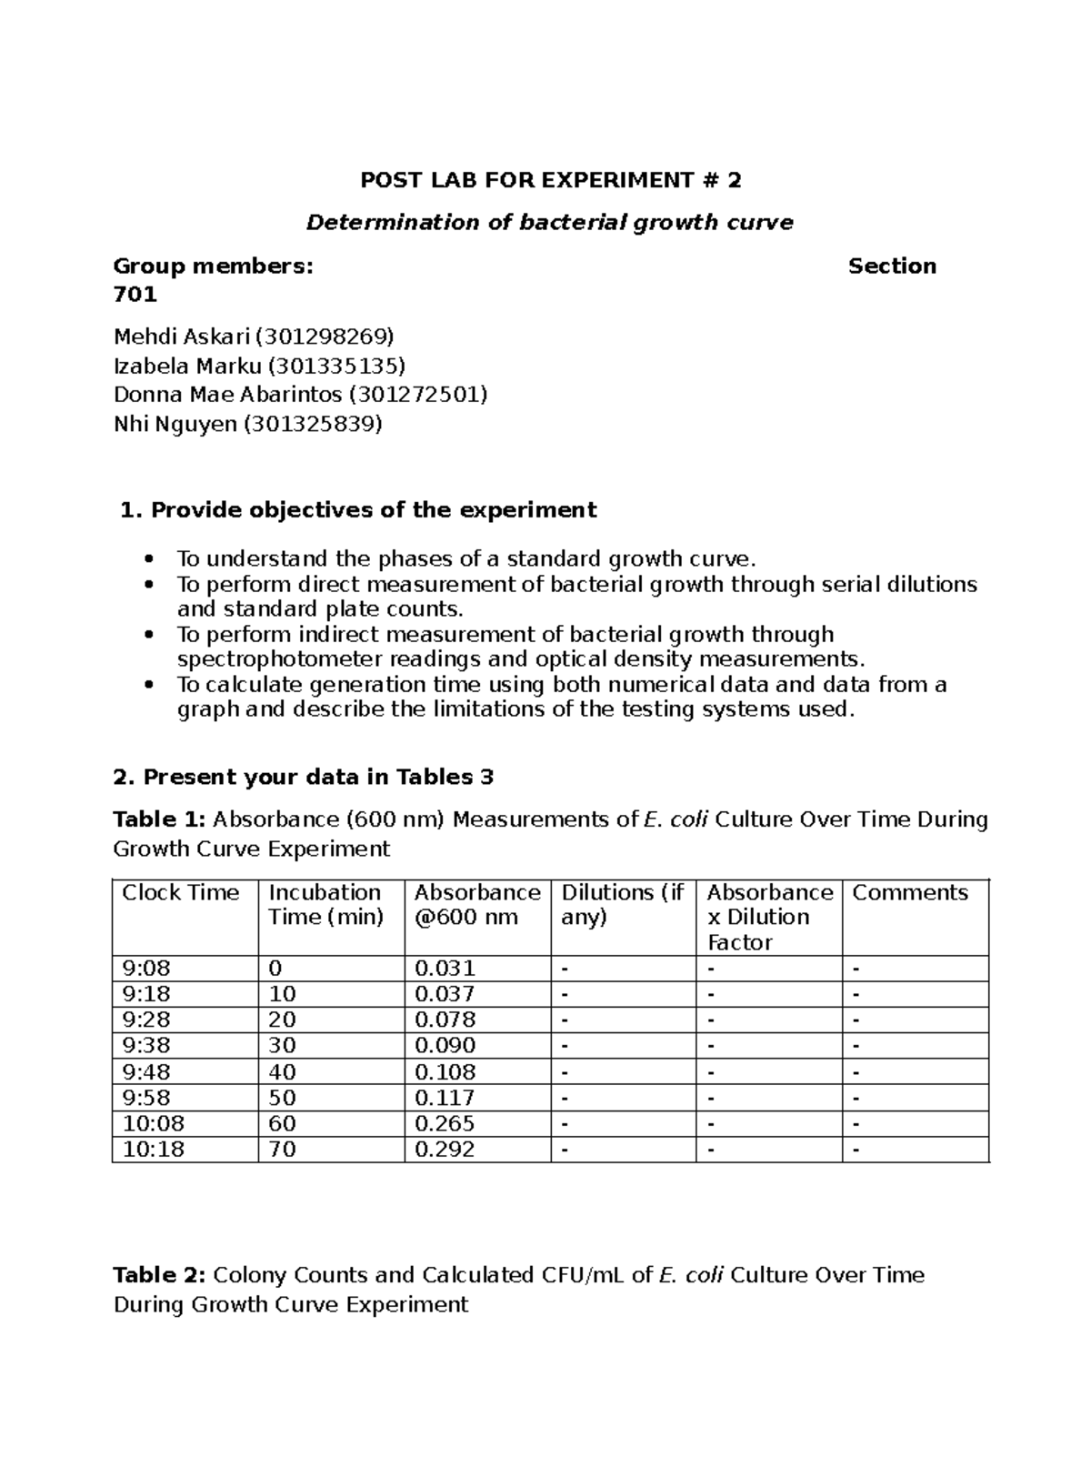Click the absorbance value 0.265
tap(445, 1123)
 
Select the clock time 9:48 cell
tap(146, 1072)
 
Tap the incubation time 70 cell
tap(283, 1149)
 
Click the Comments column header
tap(909, 893)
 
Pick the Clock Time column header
tap(180, 893)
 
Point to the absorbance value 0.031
tap(445, 969)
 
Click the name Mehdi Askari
tap(181, 337)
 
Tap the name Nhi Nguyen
tap(175, 424)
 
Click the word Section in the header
tap(891, 266)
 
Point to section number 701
tap(135, 295)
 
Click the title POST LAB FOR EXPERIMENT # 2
tap(550, 180)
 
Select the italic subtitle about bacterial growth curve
tap(549, 223)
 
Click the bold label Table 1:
tap(159, 819)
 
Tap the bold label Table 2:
tap(159, 1275)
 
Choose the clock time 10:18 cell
tap(153, 1149)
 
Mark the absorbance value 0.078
tap(445, 1020)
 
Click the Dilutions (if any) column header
tap(622, 904)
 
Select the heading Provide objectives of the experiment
tap(373, 510)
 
